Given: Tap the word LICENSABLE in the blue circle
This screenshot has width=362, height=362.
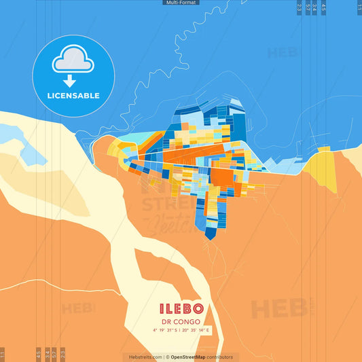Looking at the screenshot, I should pyautogui.click(x=73, y=96).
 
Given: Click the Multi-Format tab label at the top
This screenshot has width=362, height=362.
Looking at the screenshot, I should pyautogui.click(x=181, y=3).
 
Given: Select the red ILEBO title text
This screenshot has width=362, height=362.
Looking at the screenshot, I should pyautogui.click(x=181, y=309).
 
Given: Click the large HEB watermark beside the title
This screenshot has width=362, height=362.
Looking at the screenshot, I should pyautogui.click(x=275, y=309).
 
